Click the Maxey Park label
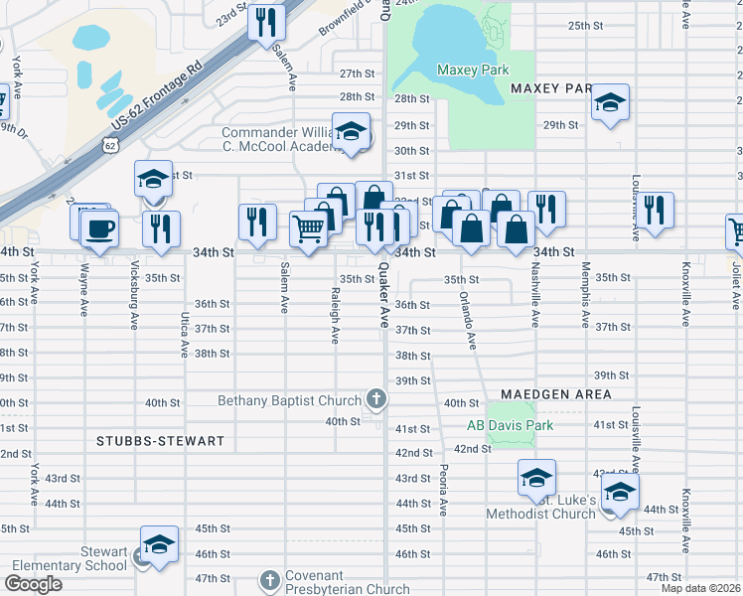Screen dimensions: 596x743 tap(473, 70)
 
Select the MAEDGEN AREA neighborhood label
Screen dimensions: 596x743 tap(555, 394)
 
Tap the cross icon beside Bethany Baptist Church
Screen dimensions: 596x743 tap(376, 399)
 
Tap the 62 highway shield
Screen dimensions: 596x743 tap(108, 146)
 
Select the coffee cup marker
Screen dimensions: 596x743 tap(100, 228)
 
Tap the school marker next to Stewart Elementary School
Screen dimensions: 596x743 tap(159, 544)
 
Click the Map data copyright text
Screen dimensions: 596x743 tap(700, 588)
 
